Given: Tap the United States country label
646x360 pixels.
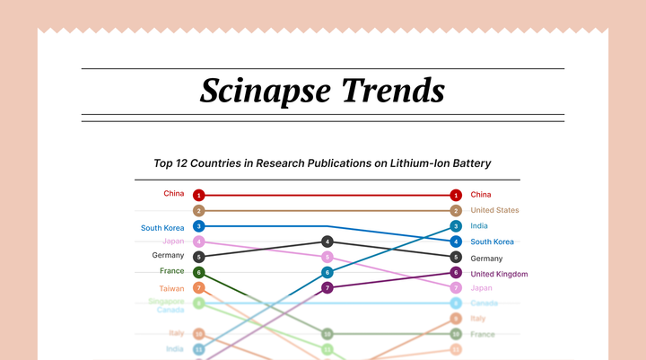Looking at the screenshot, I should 494,210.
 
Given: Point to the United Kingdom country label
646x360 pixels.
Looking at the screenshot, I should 499,274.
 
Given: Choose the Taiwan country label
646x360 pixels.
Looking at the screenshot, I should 171,288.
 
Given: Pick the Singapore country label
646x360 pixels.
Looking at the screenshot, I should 166,301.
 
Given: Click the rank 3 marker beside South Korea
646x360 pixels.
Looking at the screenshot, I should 199,226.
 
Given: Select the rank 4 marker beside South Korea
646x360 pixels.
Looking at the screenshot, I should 456,241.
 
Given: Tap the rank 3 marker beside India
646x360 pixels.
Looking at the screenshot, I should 456,226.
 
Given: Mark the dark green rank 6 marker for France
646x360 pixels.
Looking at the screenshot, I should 199,272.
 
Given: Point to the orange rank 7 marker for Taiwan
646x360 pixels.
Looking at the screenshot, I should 199,288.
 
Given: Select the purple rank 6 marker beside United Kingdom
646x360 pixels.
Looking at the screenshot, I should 456,273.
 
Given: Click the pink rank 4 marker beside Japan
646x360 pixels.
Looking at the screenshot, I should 199,241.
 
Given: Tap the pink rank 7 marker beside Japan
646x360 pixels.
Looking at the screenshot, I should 456,288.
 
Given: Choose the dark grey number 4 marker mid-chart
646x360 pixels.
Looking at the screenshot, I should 327,241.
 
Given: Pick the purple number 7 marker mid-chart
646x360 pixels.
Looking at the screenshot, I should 327,287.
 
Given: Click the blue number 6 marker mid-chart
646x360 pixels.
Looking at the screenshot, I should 327,272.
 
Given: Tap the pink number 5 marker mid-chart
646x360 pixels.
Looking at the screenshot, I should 327,257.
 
